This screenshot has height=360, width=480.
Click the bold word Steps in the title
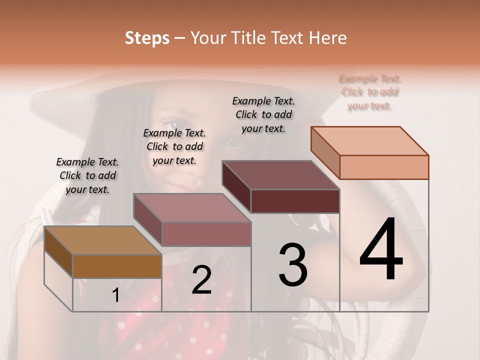(147, 38)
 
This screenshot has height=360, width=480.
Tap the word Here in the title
(328, 38)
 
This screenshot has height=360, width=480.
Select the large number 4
(381, 250)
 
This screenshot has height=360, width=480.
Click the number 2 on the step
(201, 280)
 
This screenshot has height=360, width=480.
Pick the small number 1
(116, 295)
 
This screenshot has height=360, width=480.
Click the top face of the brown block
(102, 240)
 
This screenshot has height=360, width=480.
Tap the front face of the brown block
(117, 266)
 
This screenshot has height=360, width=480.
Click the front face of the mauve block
(206, 234)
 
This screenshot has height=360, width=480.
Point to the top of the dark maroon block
(280, 175)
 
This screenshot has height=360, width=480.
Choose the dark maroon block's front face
(295, 201)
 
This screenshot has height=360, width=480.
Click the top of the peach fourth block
(369, 141)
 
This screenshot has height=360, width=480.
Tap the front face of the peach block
(384, 167)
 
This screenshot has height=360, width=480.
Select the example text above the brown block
(87, 175)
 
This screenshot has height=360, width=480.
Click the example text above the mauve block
(174, 146)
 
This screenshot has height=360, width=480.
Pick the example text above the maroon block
(263, 114)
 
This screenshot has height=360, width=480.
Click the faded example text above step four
(370, 92)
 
